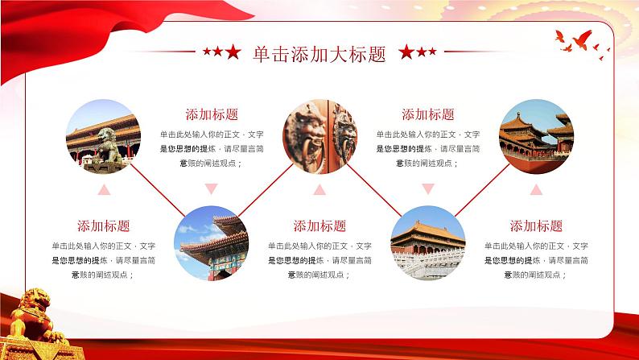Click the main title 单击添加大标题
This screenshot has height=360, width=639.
[x=319, y=54]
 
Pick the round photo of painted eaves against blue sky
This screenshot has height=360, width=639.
[x=212, y=242]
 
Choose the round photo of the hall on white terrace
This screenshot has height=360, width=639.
[x=427, y=242]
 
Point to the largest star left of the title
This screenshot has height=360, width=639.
[x=233, y=53]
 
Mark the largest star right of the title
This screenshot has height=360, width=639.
[x=406, y=53]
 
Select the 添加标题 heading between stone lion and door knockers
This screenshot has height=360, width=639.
[x=212, y=114]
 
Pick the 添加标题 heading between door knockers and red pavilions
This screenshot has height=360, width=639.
[x=427, y=114]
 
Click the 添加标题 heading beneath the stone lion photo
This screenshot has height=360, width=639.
[x=103, y=226]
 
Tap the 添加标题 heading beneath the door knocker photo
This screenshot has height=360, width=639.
[x=319, y=226]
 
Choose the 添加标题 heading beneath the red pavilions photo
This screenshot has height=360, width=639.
[x=536, y=226]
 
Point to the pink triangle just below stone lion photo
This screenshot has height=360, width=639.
[x=103, y=190]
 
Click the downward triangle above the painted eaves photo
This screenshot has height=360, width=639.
[x=212, y=190]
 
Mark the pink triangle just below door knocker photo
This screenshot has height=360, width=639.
[x=319, y=190]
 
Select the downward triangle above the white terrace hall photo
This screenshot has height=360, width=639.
[x=427, y=190]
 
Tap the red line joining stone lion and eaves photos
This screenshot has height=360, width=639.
[x=157, y=190]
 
